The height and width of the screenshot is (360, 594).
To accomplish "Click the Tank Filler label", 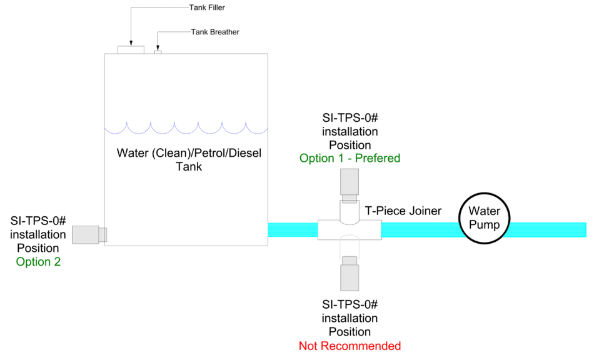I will [207, 8].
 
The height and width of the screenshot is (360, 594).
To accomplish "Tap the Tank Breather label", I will [215, 32].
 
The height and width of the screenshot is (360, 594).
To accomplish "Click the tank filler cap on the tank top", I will [131, 49].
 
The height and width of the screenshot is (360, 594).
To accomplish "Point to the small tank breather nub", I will [158, 52].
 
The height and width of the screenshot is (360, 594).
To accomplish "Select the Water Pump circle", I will [484, 218].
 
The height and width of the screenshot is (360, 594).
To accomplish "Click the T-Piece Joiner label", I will [403, 211].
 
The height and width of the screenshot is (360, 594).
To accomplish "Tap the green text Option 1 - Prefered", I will [350, 158].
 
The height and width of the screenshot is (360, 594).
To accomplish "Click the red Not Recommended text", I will [350, 346].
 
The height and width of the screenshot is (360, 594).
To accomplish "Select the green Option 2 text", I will [38, 262].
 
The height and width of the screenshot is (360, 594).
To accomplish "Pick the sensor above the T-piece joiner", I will [350, 181].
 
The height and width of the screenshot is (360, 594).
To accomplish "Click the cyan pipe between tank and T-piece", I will [293, 229].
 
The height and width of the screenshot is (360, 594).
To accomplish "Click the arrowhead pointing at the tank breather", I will [158, 48].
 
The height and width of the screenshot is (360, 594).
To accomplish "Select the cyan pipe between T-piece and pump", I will [420, 229].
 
